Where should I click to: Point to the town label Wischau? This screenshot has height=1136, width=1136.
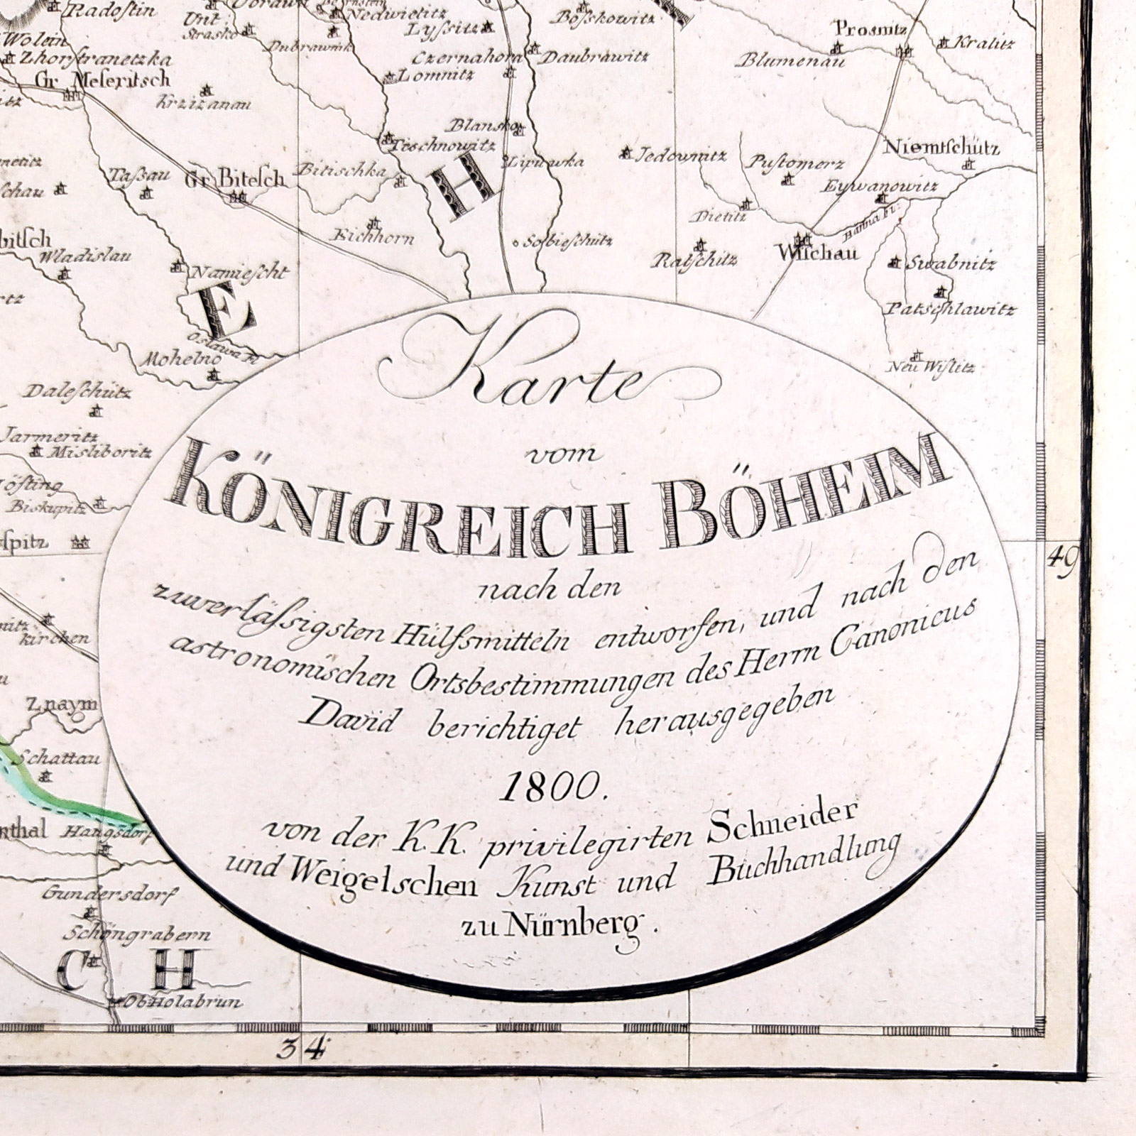[818, 253]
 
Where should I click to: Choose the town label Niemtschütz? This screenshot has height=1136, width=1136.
[941, 148]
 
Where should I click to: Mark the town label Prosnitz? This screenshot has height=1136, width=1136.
[860, 29]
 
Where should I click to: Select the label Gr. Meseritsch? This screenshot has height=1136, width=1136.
[102, 78]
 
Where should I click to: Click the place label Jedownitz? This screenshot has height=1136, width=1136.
[671, 155]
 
